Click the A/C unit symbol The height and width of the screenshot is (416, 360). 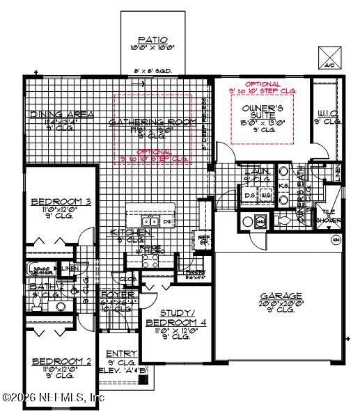point(329,57)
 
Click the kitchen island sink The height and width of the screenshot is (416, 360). point(167,222)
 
